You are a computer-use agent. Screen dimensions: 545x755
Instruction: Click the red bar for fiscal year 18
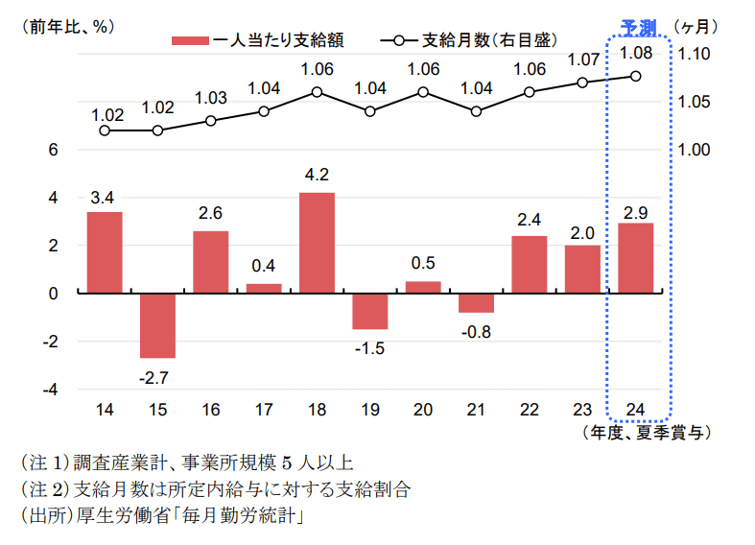(x=318, y=243)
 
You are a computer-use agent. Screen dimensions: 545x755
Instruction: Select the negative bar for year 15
(x=157, y=325)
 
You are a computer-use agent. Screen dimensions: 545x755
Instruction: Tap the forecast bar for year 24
(x=636, y=258)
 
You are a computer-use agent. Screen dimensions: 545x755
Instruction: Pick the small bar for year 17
(x=264, y=288)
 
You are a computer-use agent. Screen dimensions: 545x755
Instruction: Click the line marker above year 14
(x=105, y=130)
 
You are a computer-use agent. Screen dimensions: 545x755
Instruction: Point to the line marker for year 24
(x=636, y=77)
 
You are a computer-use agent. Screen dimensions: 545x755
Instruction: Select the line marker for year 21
(x=477, y=111)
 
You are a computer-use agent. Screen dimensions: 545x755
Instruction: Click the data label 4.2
(x=318, y=176)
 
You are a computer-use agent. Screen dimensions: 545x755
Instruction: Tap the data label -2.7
(x=153, y=378)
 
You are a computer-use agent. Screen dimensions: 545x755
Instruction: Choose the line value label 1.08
(x=636, y=52)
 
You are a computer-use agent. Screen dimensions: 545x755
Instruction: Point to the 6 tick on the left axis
(x=54, y=150)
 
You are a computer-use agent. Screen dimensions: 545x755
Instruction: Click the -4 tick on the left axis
(x=51, y=390)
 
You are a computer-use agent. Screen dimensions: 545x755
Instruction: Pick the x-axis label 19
(x=370, y=410)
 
